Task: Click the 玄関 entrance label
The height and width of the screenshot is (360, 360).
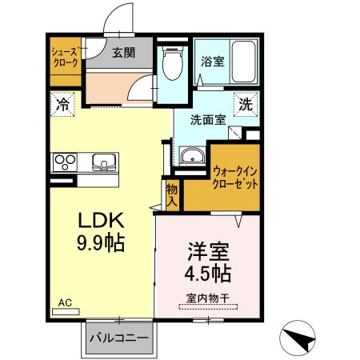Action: tap(122, 54)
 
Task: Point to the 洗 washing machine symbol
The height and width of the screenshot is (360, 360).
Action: tap(246, 103)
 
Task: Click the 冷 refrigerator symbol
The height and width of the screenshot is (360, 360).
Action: tap(62, 103)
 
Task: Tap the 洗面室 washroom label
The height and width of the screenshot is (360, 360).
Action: tap(208, 120)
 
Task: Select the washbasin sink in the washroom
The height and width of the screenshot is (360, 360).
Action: tap(192, 158)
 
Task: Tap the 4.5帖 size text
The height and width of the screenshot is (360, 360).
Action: tap(210, 274)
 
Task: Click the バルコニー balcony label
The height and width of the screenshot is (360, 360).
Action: tap(118, 338)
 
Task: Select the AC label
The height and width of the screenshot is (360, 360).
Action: tap(65, 302)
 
